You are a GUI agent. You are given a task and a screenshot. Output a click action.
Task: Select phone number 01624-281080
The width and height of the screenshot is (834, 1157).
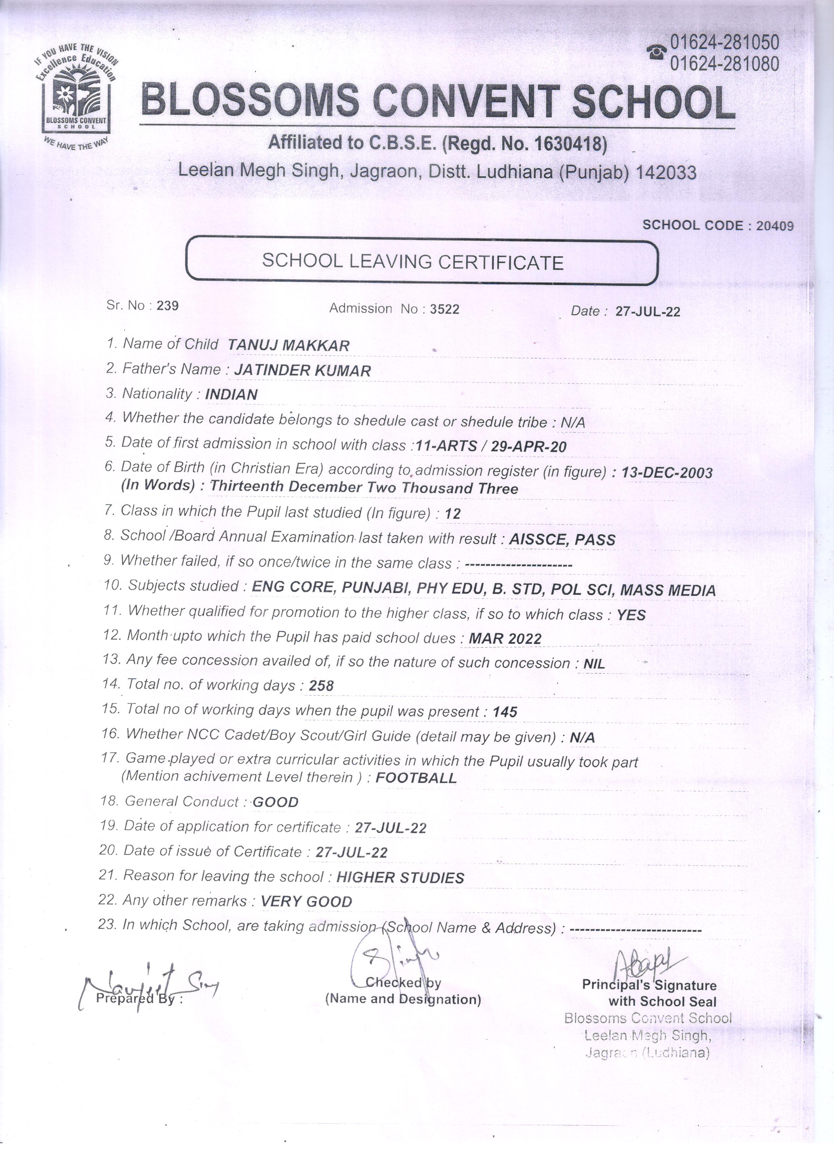click(x=724, y=64)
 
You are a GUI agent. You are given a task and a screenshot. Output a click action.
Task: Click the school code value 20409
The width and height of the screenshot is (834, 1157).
click(x=775, y=226)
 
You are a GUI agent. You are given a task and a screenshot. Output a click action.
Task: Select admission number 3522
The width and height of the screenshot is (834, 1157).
click(x=444, y=309)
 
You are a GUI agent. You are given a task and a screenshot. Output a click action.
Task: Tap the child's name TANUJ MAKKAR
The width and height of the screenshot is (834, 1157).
click(x=289, y=345)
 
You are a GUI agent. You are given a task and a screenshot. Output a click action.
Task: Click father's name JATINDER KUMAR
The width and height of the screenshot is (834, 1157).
click(x=303, y=371)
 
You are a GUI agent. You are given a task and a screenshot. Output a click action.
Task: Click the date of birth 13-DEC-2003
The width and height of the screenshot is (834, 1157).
click(x=667, y=472)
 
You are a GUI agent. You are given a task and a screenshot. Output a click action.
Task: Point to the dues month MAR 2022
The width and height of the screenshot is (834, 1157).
click(x=505, y=639)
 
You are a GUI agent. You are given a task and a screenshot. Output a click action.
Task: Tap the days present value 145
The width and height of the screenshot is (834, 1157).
click(x=505, y=712)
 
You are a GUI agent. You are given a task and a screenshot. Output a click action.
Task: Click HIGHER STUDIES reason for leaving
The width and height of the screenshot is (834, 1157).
click(x=401, y=878)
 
